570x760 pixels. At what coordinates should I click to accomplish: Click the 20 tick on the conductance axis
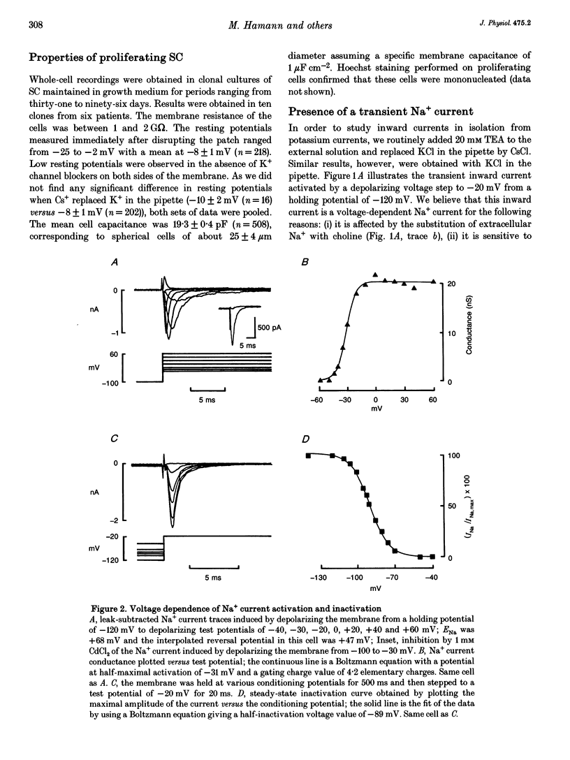452,284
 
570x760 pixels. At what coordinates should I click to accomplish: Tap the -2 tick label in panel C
112,521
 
